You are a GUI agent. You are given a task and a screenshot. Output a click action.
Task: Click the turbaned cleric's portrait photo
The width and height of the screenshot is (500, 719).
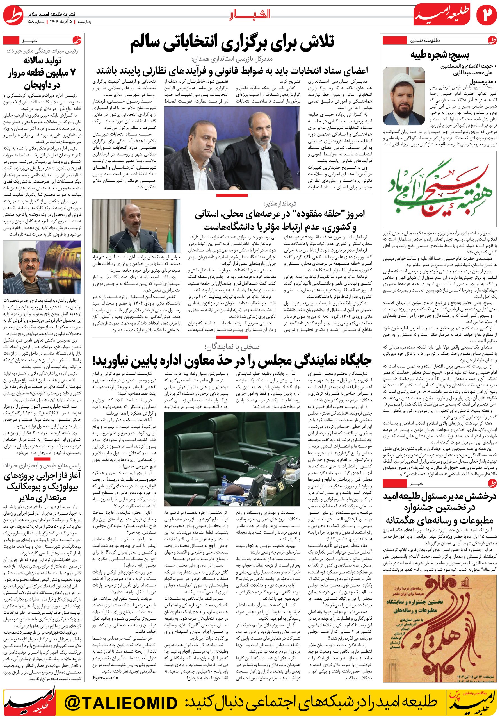(404, 96)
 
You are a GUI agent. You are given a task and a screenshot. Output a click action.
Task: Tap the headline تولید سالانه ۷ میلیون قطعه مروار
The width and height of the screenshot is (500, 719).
(42, 73)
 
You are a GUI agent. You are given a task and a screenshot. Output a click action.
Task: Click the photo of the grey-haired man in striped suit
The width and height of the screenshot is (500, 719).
(42, 267)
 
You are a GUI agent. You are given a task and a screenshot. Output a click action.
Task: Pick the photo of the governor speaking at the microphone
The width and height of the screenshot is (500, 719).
(136, 226)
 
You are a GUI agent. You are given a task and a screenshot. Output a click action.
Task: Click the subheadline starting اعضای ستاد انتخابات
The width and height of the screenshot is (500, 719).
(232, 70)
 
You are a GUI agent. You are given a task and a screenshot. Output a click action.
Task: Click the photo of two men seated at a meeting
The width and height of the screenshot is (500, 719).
(232, 148)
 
